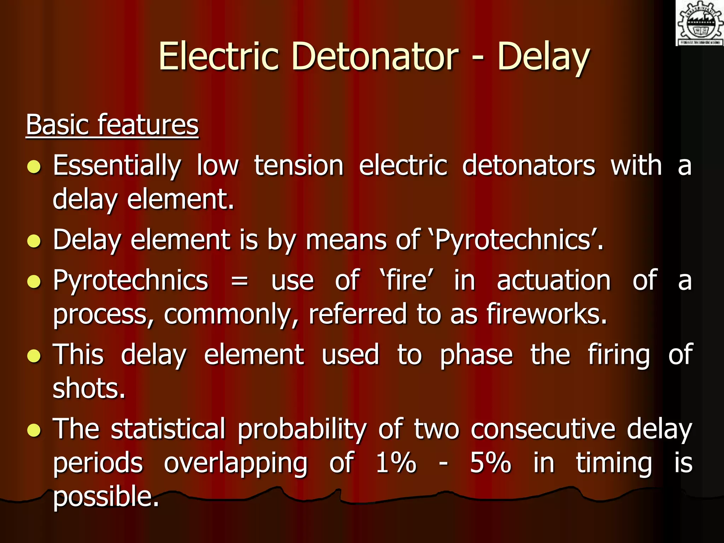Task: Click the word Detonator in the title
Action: point(374,57)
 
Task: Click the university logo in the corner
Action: point(699,23)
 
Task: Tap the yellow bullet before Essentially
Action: point(34,167)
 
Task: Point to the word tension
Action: point(299,165)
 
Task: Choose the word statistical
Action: point(168,429)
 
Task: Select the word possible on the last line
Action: point(106,497)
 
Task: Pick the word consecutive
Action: point(543,429)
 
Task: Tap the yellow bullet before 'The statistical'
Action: point(34,430)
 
